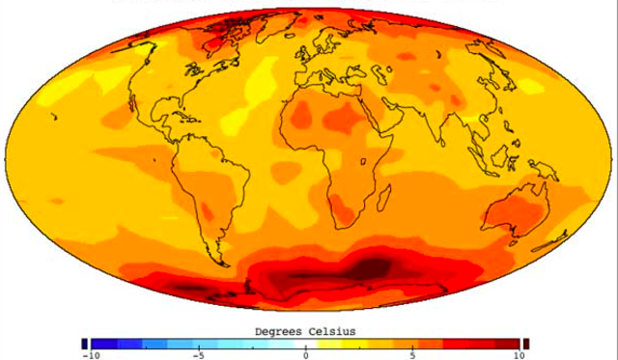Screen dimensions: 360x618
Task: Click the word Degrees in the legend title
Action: coord(281,331)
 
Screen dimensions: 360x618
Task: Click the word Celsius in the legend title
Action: coord(333,331)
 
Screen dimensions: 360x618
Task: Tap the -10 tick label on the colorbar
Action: coord(92,355)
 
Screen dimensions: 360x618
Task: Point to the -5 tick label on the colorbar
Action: coord(197,355)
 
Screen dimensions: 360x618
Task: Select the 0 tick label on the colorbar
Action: coord(306,355)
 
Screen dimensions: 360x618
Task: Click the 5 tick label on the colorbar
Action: coord(413,355)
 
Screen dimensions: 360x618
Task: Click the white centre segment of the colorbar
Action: coord(306,344)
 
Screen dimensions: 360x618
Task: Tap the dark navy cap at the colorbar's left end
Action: coord(85,344)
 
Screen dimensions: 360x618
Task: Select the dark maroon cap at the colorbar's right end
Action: coord(526,344)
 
